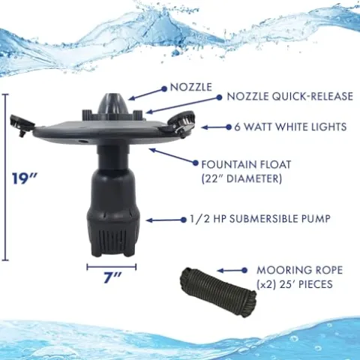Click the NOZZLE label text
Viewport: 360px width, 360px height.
coord(191,87)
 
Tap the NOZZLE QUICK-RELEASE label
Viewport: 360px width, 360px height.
coord(289,97)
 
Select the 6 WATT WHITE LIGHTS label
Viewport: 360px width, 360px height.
coord(290,127)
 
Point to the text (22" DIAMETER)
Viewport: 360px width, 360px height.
coord(241,178)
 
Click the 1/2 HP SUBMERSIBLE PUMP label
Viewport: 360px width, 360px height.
coord(260,219)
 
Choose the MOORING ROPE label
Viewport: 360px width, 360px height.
coord(300,270)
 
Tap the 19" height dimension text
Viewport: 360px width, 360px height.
coord(25,178)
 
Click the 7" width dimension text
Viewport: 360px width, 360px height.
coord(112,277)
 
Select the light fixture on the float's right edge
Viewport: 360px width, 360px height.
coord(181,122)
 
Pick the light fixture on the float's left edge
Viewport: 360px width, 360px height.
coord(21,124)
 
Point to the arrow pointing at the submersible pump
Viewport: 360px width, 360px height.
coord(166,220)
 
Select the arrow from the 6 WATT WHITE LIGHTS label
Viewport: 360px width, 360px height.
coord(217,127)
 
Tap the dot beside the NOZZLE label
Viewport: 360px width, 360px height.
coord(164,88)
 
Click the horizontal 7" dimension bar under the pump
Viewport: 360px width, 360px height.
coord(112,267)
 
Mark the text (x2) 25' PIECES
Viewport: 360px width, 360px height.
coord(295,284)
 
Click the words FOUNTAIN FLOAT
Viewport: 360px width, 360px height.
coord(246,165)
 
